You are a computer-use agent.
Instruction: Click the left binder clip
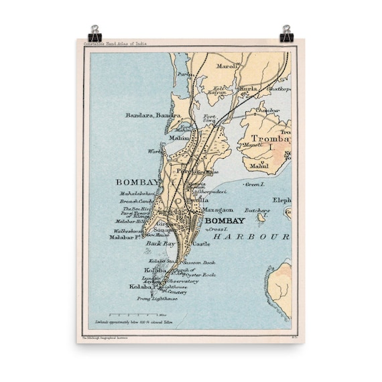click(x=94, y=32)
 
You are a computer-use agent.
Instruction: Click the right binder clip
click(x=288, y=32)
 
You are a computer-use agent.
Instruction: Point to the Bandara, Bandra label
click(x=153, y=115)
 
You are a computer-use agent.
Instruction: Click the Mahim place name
click(x=178, y=137)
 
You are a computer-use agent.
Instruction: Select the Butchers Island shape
click(x=261, y=216)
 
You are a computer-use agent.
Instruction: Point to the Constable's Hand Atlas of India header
click(x=115, y=44)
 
